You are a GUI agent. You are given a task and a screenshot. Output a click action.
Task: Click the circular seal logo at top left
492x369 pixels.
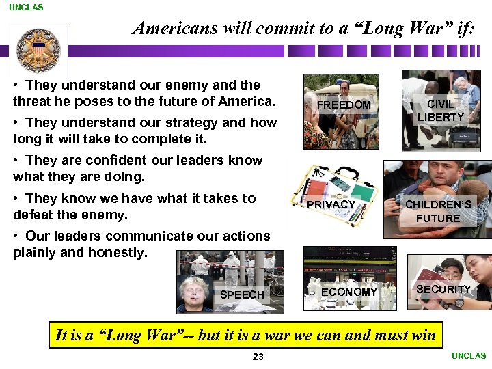[x=38, y=50]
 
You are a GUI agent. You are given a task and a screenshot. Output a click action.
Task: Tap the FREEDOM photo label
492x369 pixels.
[x=344, y=105]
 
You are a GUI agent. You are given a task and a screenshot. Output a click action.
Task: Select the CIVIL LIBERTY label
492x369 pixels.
[x=441, y=111]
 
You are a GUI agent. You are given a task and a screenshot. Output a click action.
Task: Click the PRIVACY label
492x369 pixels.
[x=331, y=204]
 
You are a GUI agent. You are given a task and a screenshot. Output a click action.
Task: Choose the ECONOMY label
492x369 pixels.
[x=348, y=292]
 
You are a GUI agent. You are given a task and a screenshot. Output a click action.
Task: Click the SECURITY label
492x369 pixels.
[x=443, y=289]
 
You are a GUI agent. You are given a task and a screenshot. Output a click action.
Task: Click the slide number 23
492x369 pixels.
[x=258, y=357]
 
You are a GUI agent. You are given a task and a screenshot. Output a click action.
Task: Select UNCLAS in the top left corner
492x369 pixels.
[x=26, y=8]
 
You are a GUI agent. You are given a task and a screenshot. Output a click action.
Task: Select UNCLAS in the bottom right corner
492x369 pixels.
[x=469, y=356]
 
